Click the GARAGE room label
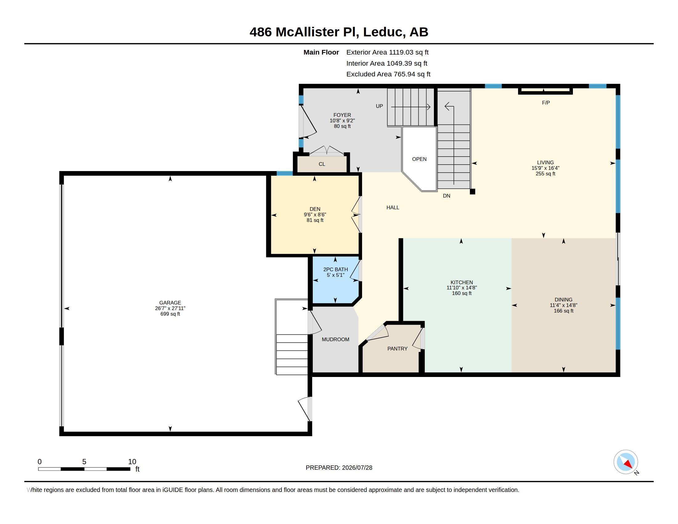pos(170,303)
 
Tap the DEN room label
pos(315,209)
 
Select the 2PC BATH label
pos(336,269)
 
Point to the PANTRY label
pos(397,349)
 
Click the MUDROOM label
pos(336,339)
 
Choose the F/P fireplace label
pos(546,103)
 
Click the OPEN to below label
pos(419,159)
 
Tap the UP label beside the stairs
pos(379,106)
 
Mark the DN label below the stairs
pos(447,196)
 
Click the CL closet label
pos(322,164)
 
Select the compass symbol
pos(626,462)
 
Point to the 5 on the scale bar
pos(84,462)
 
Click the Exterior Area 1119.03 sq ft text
pos(387,52)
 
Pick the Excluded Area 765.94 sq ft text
pos(388,74)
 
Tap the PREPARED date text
pos(339,468)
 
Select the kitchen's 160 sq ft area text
pos(462,293)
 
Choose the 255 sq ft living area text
pos(545,174)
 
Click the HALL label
pos(393,207)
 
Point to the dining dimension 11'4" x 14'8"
pos(563,305)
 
